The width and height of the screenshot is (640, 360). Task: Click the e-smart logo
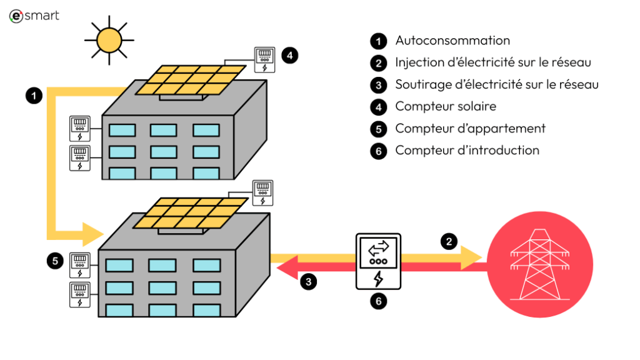34,16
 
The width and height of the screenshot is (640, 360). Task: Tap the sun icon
109,39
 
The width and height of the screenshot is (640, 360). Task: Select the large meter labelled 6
378,261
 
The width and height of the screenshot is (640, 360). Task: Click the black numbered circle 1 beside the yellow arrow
34,96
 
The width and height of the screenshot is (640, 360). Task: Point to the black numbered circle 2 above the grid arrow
448,241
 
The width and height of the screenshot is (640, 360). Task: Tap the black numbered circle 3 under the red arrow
308,281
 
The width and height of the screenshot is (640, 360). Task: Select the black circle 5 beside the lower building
56,261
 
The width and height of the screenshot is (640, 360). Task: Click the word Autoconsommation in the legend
452,41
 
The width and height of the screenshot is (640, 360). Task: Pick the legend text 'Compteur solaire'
446,106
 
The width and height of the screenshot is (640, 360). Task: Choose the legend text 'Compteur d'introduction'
467,150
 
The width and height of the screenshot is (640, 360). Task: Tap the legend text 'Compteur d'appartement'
470,128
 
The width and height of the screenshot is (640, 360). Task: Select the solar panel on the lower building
190,214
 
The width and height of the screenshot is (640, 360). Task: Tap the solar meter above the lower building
262,192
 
